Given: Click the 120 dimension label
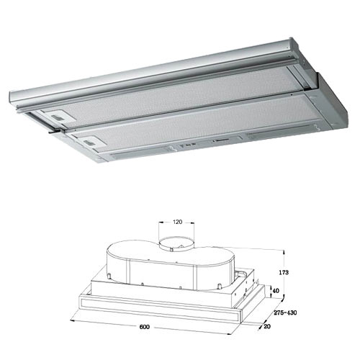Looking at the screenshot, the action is tap(177, 222).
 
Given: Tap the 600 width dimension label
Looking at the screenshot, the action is tap(144, 327).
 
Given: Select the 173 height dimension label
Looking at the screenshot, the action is tap(284, 272).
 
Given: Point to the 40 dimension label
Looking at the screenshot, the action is tap(276, 291).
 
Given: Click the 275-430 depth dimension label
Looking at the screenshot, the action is tap(285, 312).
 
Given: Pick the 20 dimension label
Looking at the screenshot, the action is tap(267, 326).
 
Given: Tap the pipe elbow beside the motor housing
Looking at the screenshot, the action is tap(241, 274).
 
